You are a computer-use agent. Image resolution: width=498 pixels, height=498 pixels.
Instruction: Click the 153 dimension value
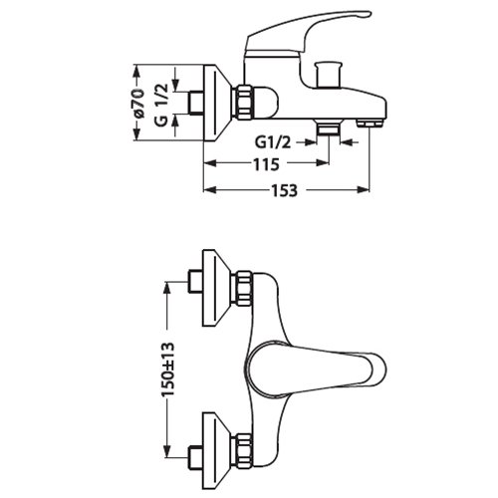pos(285,190)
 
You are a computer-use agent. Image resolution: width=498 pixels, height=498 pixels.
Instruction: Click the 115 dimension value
pos(266,164)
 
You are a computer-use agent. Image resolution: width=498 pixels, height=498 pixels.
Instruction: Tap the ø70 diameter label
pos(138,104)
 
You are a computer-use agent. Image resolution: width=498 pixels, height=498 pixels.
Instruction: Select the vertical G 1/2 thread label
pos(162,106)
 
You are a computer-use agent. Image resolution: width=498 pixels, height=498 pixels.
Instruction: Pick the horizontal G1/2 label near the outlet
pos(273,142)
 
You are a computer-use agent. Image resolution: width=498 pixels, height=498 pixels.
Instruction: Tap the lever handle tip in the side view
pos(366,14)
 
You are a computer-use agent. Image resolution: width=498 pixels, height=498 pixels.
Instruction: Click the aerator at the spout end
pos(370,124)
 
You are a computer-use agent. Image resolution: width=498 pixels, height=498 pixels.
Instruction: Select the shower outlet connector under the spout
pos(328,127)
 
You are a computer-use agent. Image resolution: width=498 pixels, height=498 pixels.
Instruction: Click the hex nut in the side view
pos(244,102)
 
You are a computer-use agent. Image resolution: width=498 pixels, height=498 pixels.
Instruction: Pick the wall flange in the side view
pos(217,103)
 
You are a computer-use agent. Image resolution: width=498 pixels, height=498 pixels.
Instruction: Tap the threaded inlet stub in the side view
pos(195,103)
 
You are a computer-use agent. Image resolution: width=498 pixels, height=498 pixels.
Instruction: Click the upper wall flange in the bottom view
pos(217,288)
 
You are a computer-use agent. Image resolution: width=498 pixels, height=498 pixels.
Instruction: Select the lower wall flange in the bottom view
pos(217,451)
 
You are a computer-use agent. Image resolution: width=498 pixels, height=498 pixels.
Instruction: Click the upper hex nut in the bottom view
pos(244,288)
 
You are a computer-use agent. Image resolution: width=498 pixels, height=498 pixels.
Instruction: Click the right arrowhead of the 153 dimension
pos(364,189)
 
